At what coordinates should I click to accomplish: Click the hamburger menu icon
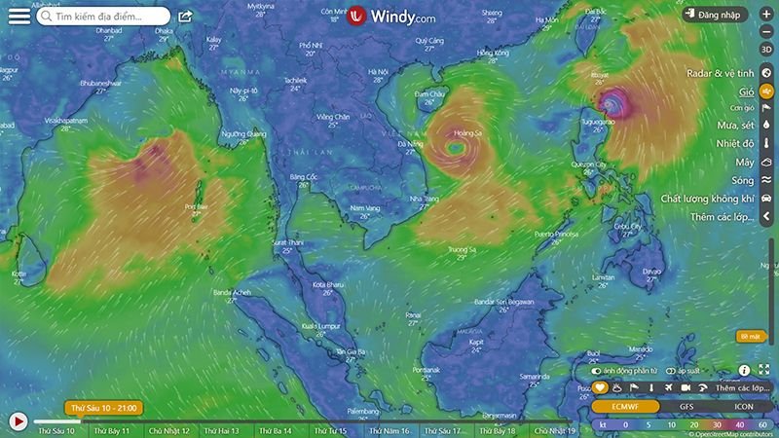(x=19, y=16)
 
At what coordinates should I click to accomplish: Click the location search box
(x=102, y=17)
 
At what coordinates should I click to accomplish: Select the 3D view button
(x=766, y=49)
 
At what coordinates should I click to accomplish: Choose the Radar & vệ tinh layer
(x=721, y=73)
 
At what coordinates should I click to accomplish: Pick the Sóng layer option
(x=743, y=180)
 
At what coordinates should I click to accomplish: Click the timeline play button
(x=18, y=421)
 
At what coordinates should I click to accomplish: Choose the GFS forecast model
(x=686, y=406)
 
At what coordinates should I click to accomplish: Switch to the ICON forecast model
(x=743, y=406)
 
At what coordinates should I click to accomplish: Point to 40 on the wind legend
(x=740, y=424)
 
